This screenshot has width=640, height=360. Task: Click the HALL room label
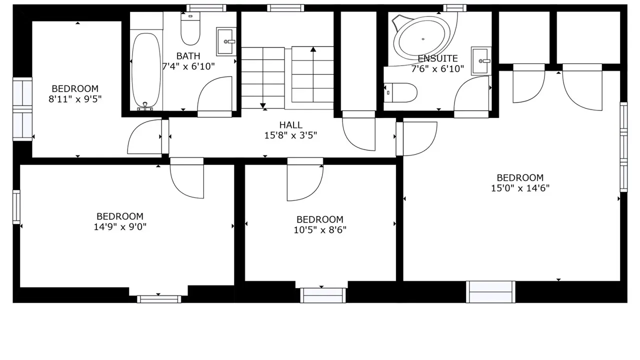click(x=291, y=125)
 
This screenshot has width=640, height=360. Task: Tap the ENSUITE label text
click(x=437, y=58)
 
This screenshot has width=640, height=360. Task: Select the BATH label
click(x=188, y=56)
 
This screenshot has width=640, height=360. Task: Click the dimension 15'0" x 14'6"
click(x=520, y=188)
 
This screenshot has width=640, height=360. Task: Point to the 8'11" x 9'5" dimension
click(x=75, y=99)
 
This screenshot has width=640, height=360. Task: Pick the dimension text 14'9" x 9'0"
click(x=120, y=227)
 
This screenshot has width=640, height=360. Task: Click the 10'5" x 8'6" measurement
click(x=320, y=229)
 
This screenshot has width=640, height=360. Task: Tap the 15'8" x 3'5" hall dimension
click(x=290, y=135)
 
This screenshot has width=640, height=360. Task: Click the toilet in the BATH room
click(x=190, y=28)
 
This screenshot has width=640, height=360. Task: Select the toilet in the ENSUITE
click(x=400, y=92)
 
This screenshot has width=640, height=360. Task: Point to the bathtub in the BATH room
click(x=146, y=70)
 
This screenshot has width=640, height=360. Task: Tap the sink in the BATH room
click(x=226, y=41)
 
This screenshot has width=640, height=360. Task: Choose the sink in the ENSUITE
click(x=481, y=61)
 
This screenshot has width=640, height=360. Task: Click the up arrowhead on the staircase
click(x=313, y=49)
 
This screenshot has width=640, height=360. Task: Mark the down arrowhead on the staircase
click(x=263, y=105)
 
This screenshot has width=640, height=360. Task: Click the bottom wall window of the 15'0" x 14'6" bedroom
click(x=490, y=291)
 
